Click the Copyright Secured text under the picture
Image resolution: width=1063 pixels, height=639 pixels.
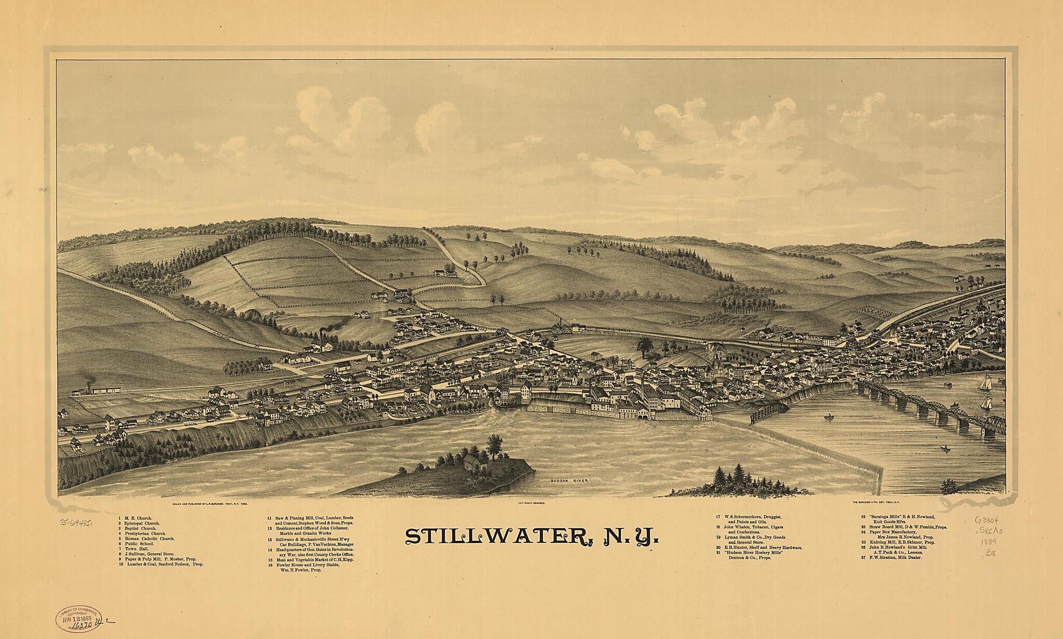pos(531,504)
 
